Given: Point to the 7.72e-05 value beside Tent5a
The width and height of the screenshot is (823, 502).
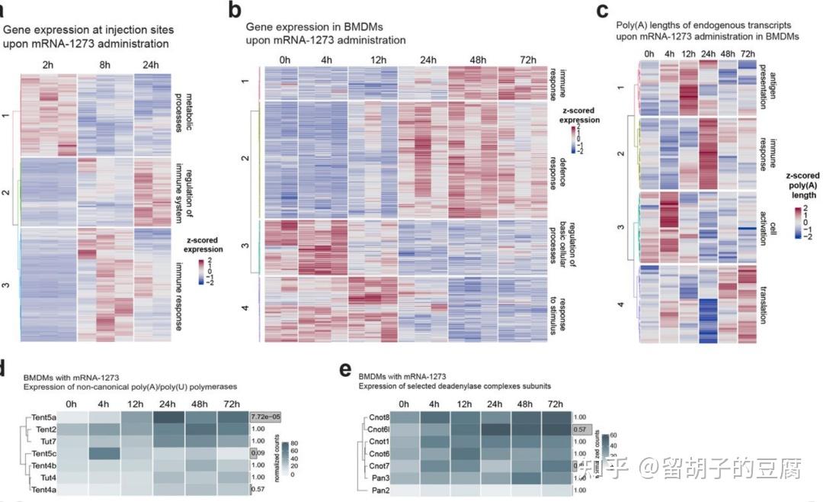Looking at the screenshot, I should coord(267,417).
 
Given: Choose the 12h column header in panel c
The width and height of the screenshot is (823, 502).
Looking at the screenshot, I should coord(689,53).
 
